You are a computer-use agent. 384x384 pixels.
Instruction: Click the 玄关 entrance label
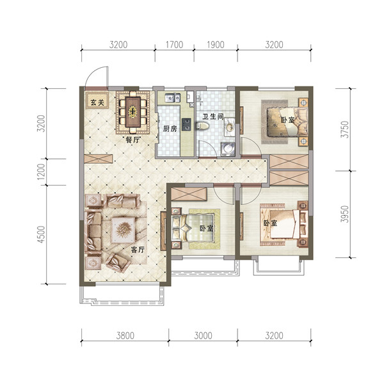click(97, 102)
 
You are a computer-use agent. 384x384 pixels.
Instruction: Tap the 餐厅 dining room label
click(132, 140)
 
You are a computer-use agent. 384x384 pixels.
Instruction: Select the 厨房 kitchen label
click(170, 129)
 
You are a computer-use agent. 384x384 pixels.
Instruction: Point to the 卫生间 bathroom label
click(213, 117)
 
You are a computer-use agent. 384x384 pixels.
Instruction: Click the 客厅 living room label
click(138, 250)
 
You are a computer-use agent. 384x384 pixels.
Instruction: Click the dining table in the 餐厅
click(133, 112)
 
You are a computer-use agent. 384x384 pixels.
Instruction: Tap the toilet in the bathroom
click(202, 126)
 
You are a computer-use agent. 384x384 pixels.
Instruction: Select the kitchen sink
click(172, 98)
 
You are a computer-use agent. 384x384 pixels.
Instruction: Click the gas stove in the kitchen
click(186, 124)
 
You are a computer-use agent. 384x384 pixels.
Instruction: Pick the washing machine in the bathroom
click(228, 149)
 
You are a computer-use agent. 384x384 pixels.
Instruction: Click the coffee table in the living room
click(123, 230)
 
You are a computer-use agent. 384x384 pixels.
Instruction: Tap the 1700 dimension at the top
click(174, 45)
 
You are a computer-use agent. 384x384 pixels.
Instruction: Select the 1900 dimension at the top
click(216, 45)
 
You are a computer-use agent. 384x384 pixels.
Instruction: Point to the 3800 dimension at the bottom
click(125, 335)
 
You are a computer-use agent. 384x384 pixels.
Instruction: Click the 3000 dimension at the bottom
click(203, 335)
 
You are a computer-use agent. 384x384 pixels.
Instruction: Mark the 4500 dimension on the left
click(42, 234)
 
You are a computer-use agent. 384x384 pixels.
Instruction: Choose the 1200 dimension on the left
click(42, 171)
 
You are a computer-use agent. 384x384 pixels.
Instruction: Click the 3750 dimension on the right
click(345, 129)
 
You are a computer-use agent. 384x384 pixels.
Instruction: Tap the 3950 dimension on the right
click(345, 214)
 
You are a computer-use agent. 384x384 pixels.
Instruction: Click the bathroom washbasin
click(230, 127)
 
